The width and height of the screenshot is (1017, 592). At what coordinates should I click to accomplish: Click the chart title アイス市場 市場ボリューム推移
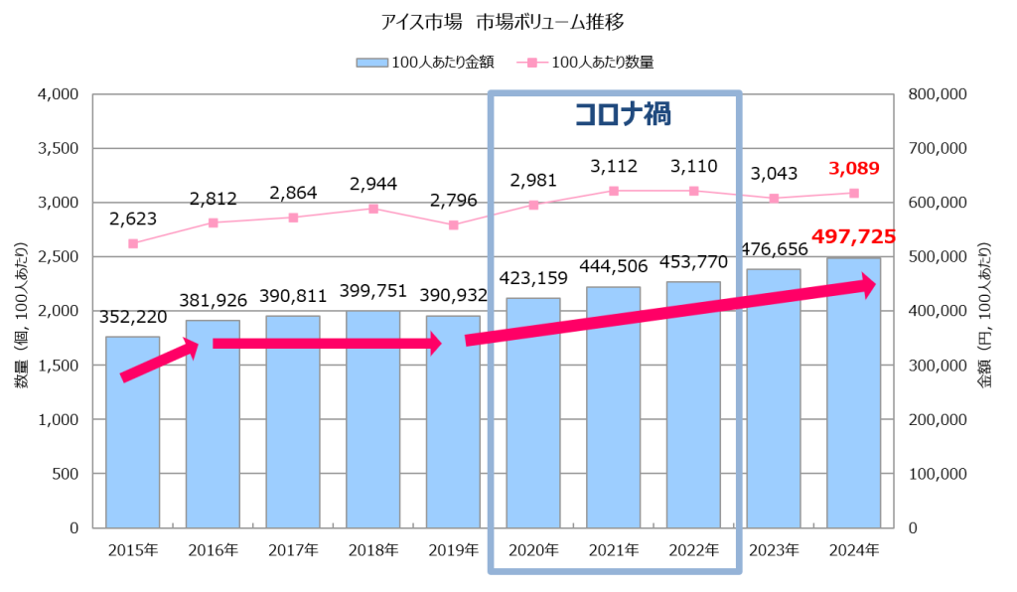pyautogui.click(x=508, y=20)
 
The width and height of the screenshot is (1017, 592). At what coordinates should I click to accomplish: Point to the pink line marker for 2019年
pyautogui.click(x=453, y=225)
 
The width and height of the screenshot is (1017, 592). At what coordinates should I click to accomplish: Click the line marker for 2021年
pyautogui.click(x=614, y=191)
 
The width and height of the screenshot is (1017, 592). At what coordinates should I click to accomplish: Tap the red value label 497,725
pyautogui.click(x=853, y=237)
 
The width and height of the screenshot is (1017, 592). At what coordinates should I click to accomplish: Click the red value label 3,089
pyautogui.click(x=853, y=168)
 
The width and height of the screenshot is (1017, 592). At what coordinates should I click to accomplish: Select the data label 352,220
pyautogui.click(x=133, y=317)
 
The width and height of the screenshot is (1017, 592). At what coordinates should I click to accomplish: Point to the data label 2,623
pyautogui.click(x=133, y=219)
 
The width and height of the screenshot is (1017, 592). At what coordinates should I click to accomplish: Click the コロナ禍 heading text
pyautogui.click(x=623, y=114)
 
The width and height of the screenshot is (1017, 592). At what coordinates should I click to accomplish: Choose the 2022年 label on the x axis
pyautogui.click(x=693, y=549)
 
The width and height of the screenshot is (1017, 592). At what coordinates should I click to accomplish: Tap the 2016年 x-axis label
pyautogui.click(x=213, y=549)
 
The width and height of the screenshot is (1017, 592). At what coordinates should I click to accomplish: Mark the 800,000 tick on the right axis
pyautogui.click(x=939, y=94)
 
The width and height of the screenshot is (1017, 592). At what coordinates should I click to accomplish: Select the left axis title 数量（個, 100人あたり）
pyautogui.click(x=19, y=310)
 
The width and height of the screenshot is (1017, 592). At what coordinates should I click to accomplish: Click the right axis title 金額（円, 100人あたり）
pyautogui.click(x=996, y=310)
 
